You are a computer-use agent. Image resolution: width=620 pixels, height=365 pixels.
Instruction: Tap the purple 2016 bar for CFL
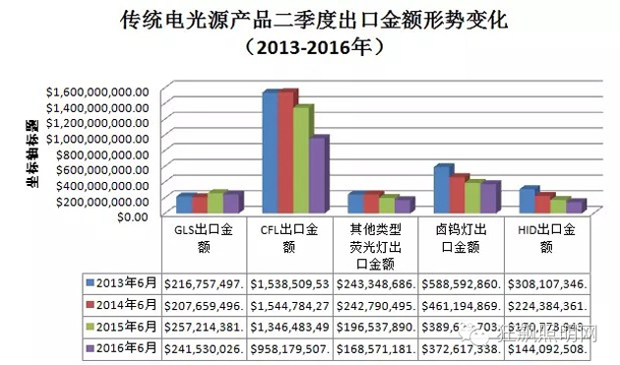point(318,176)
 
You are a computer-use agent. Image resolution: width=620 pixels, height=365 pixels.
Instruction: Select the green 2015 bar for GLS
point(216,203)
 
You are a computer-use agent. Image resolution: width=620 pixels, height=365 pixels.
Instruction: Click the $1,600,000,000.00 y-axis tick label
point(97,91)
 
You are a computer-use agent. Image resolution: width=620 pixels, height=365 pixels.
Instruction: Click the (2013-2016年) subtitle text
point(309,47)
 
